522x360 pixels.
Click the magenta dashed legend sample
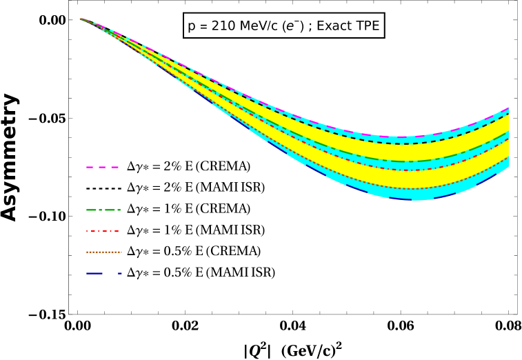[102, 167]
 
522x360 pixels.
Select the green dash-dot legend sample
[103, 210]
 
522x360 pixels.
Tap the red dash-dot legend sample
[103, 231]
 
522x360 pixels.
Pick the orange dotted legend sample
[103, 252]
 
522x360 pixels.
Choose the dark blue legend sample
[103, 273]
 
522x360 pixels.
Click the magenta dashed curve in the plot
[400, 137]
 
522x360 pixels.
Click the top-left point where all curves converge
[80, 19]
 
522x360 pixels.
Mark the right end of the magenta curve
[509, 108]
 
